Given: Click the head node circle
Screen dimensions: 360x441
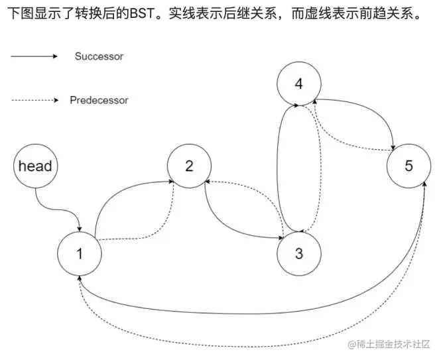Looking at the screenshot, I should point(34,166).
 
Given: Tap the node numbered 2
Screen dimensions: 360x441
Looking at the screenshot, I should point(189,166).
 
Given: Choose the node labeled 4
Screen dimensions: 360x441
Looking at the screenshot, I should point(298,84).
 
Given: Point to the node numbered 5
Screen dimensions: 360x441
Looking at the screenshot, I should point(409,166).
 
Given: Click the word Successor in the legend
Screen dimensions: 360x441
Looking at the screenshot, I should point(99,56).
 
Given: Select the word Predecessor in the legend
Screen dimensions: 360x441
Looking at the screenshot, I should point(99,101).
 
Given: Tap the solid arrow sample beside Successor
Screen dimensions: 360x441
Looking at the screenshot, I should point(34,56).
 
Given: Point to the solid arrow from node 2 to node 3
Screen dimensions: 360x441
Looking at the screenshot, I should point(232,225).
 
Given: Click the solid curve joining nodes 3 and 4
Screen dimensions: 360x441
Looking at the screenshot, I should point(277,169).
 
